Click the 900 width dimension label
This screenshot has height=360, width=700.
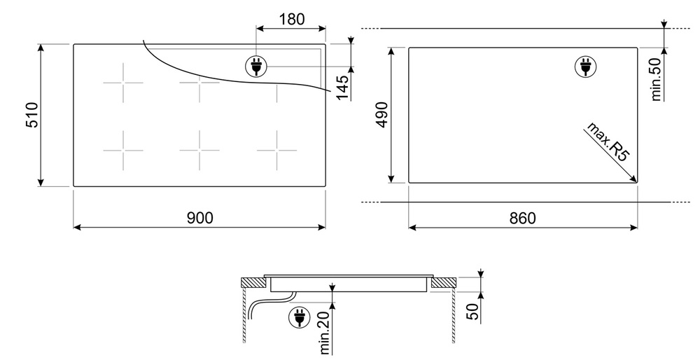point(199,218)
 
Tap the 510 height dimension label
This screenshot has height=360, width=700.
point(32,115)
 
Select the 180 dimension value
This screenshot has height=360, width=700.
point(291,19)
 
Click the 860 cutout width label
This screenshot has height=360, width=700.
point(522,218)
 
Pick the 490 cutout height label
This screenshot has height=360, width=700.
point(382,115)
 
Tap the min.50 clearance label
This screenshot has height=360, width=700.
point(656,79)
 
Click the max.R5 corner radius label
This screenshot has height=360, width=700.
point(607,141)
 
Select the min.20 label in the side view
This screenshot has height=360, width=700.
point(325,332)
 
